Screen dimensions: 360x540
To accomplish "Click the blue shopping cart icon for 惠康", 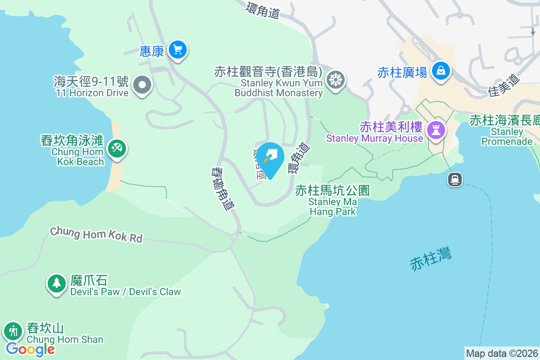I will coord(178,49).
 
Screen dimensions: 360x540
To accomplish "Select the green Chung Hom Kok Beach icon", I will coord(117,148).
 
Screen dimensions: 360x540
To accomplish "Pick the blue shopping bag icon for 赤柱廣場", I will coord(441,71).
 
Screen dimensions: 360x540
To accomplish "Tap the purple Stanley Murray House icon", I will coord(436,131).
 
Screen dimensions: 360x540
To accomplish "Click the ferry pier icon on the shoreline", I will coord(454,180).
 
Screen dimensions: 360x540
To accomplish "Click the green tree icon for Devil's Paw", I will coord(56,283).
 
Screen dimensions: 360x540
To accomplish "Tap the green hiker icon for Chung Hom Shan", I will coord(13,332).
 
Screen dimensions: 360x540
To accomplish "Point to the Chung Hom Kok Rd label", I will coord(96,234).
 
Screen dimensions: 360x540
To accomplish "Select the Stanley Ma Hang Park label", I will coord(333,201).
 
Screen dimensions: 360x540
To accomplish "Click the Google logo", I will coord(30,349).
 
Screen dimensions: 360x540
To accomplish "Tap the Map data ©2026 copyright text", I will coord(502,353).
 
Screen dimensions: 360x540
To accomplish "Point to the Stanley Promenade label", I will coord(507,137).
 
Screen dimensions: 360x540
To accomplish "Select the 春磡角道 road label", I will coord(223,189).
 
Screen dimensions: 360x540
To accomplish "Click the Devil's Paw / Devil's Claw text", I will coord(126,292).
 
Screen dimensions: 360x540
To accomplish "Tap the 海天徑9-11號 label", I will coord(91,81).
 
